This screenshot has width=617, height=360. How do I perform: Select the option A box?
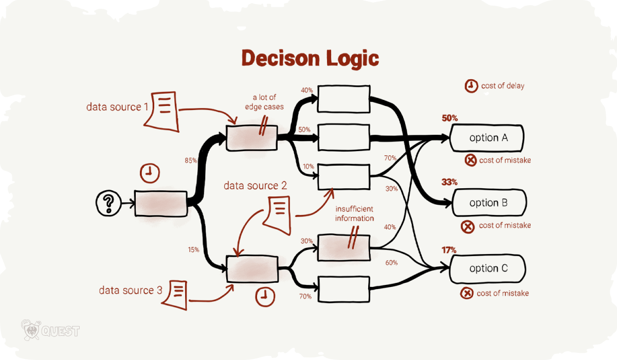click(486, 138)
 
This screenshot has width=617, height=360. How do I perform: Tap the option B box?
click(488, 203)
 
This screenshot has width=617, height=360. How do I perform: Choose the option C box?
click(487, 268)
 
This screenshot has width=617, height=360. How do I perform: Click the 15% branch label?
click(193, 250)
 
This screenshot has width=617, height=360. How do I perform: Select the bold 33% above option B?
click(449, 182)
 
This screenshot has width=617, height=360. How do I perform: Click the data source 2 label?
click(255, 185)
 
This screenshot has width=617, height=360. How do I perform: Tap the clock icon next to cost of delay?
click(470, 86)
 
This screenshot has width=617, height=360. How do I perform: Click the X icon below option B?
click(468, 226)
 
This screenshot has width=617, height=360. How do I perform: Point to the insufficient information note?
click(354, 214)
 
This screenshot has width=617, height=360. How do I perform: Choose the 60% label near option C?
click(391, 263)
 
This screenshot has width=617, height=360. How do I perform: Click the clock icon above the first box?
click(149, 174)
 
